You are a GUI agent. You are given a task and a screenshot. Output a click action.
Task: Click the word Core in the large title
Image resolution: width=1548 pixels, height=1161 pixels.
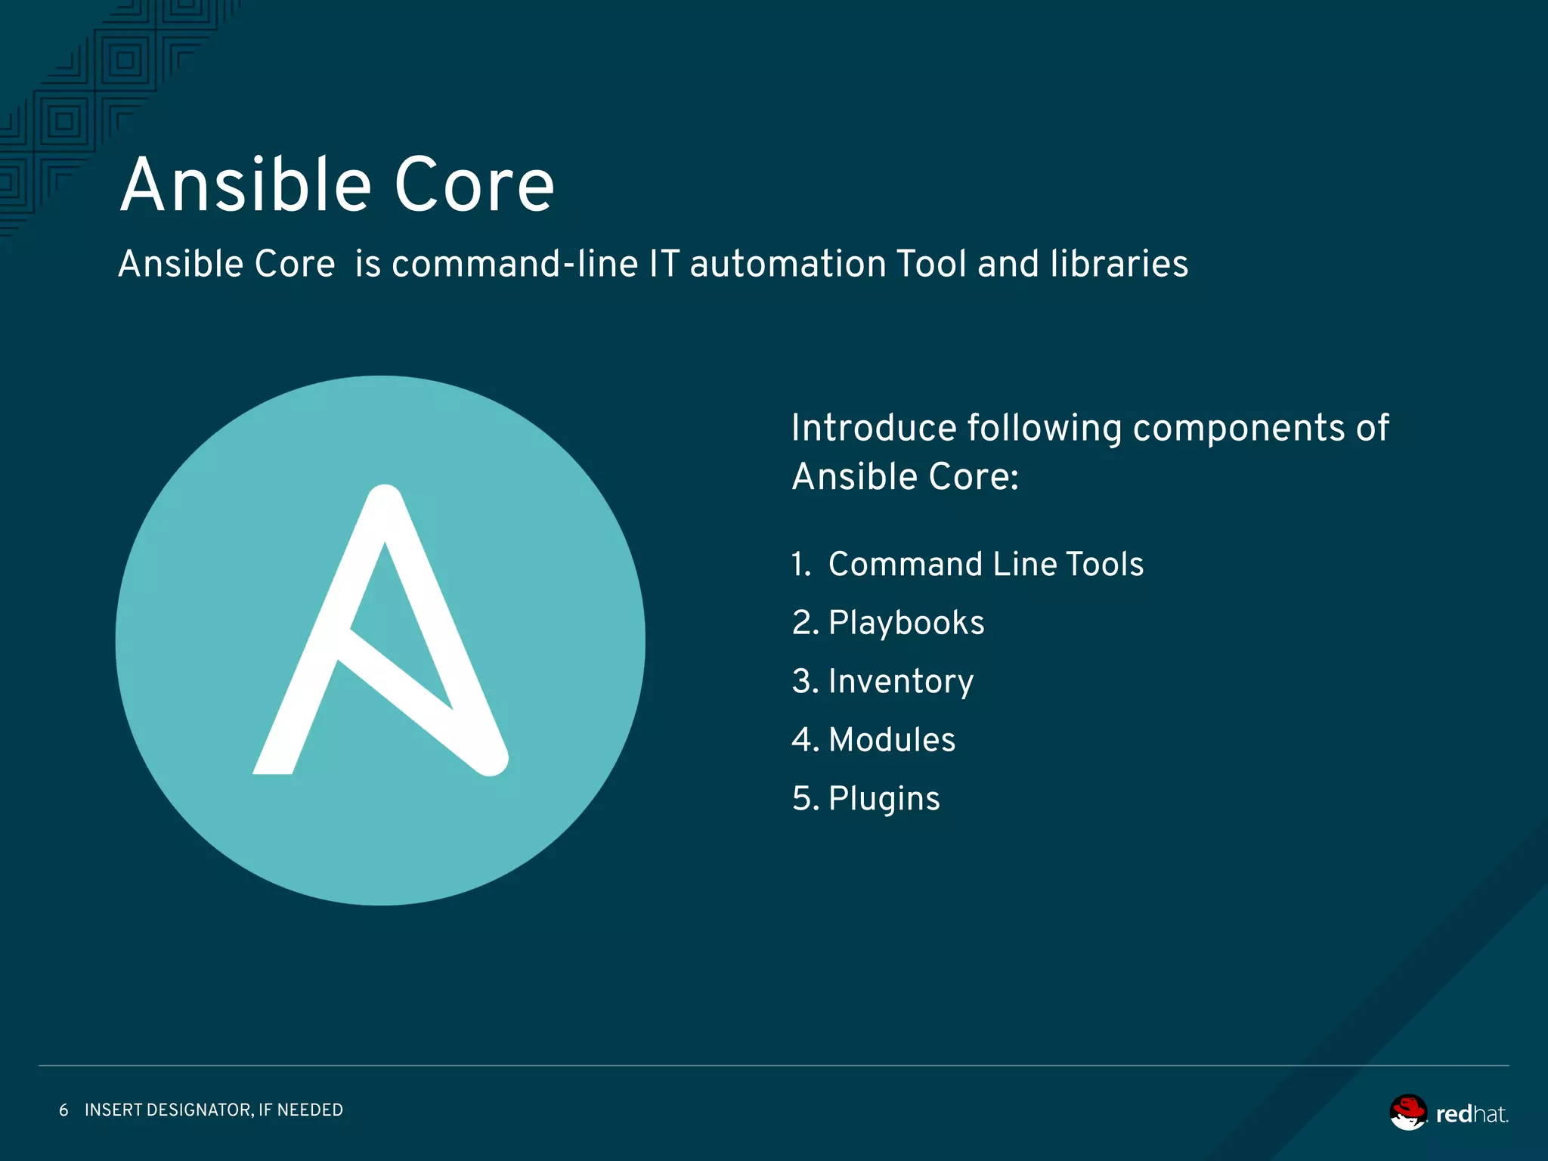[x=474, y=185]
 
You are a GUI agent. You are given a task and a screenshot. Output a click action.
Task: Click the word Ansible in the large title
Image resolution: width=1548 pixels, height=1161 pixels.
[x=246, y=185]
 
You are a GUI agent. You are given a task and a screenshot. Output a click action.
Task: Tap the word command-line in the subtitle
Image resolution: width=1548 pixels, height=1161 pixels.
[x=515, y=264]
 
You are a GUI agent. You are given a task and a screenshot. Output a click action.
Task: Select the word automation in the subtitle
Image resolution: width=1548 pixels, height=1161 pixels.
[x=788, y=264]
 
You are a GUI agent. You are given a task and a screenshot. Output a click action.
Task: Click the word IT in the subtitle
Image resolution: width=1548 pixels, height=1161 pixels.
[x=664, y=264]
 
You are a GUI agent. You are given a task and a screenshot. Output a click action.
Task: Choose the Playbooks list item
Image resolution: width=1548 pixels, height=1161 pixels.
[x=906, y=624]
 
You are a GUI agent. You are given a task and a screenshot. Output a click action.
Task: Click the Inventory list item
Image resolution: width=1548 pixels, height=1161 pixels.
[x=901, y=682]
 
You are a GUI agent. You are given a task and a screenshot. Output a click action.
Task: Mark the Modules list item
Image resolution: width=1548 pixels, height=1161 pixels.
[x=892, y=740]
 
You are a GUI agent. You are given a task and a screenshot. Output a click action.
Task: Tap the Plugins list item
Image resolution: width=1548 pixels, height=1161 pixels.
[x=884, y=799]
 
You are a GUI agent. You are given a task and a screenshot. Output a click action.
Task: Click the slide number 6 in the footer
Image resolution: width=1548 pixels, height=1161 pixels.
[x=63, y=1110]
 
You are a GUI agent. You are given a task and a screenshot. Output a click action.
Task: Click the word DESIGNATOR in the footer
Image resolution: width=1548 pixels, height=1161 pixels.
[x=198, y=1110]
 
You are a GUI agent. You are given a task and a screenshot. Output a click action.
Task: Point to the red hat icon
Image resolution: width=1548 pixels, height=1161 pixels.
[x=1408, y=1113]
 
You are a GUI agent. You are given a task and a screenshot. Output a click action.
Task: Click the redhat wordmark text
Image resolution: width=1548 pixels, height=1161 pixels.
[x=1471, y=1114]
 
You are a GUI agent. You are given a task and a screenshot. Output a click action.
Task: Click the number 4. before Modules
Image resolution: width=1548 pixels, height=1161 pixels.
[x=805, y=740]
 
